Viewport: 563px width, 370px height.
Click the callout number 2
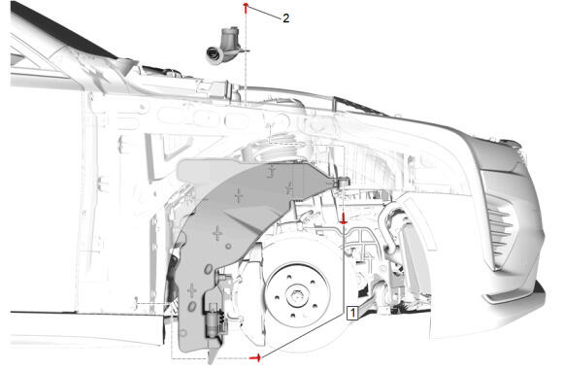coord(286,17)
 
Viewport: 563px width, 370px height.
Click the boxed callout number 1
coord(353,312)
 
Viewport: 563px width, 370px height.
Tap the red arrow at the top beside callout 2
coord(248,9)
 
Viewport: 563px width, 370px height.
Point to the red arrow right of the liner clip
coord(343,219)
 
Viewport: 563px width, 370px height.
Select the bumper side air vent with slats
coord(500,218)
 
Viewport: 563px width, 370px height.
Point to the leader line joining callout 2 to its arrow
coord(265,13)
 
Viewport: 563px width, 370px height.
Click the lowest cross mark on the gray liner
coord(192,289)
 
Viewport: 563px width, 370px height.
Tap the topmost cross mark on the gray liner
coord(271,171)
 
